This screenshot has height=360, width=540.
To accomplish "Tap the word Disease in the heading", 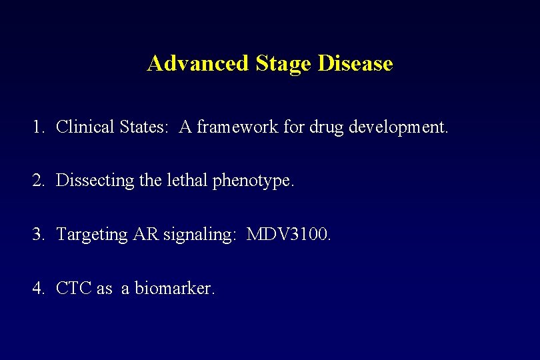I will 355,63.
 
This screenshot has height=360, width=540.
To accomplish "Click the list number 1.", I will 38,127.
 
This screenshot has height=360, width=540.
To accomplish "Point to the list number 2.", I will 38,181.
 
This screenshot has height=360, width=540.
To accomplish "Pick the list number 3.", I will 38,235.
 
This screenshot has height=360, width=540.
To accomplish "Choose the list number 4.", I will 38,289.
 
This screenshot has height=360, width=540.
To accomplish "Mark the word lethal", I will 183,181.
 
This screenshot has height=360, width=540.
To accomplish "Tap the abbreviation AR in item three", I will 143,235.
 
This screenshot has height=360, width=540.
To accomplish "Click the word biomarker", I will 175,289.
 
